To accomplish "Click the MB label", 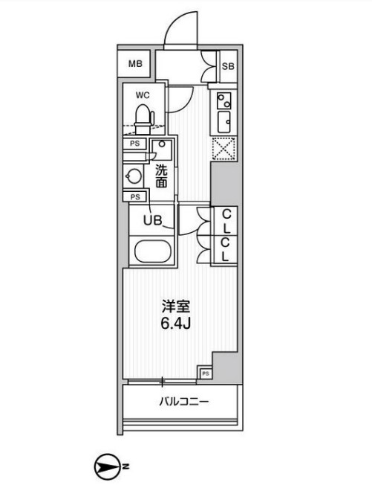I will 134,64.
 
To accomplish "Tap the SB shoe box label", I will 229,66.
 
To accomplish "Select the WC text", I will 143,94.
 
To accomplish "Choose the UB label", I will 151,221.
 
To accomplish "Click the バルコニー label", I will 183,402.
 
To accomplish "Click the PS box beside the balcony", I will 206,373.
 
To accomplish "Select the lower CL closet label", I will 226,250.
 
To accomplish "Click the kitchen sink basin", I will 223,121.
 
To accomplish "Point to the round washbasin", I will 134,176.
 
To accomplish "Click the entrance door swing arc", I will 180,30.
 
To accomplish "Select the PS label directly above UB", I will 135,197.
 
